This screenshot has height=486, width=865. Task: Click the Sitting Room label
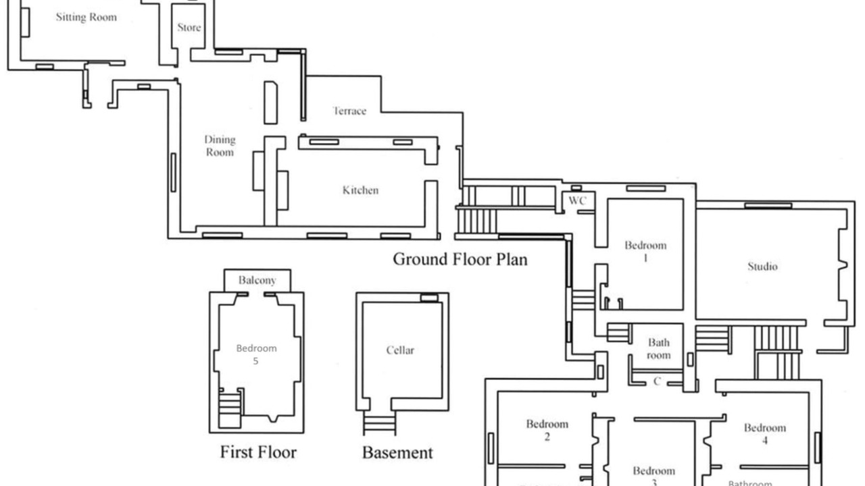(x=86, y=18)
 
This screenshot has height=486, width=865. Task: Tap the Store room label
(x=189, y=28)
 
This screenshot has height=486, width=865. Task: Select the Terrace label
(x=349, y=111)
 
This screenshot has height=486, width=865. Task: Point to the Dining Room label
(x=220, y=146)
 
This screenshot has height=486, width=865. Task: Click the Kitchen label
(x=360, y=190)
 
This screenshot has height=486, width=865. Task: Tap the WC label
(x=577, y=201)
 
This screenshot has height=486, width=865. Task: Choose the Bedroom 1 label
(x=645, y=251)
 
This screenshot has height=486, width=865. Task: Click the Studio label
(x=762, y=267)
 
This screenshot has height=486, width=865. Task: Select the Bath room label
(x=658, y=349)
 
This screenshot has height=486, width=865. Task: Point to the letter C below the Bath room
(x=657, y=382)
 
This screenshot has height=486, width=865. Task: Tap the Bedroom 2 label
(x=547, y=430)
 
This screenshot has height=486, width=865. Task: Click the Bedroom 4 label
(x=765, y=433)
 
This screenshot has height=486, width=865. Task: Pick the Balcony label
(x=257, y=280)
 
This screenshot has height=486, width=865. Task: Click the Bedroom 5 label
(x=256, y=354)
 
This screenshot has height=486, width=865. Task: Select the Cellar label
(x=400, y=350)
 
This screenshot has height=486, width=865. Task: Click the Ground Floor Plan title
(x=460, y=259)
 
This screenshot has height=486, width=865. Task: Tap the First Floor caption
(x=258, y=452)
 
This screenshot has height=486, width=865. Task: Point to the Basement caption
(x=397, y=452)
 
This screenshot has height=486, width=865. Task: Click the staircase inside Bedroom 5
(x=230, y=408)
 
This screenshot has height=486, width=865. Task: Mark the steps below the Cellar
(x=379, y=424)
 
